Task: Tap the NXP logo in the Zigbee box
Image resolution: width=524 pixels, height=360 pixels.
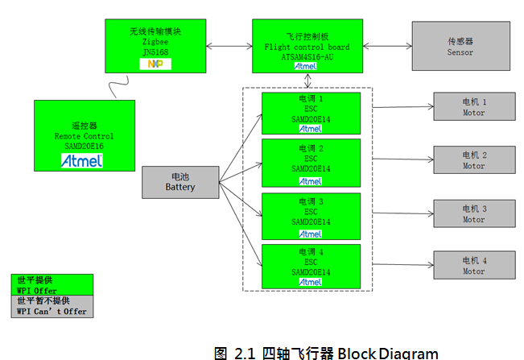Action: coord(155,63)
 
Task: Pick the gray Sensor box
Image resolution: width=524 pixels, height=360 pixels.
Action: coord(460,47)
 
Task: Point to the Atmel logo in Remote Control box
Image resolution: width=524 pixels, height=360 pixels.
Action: coord(82,160)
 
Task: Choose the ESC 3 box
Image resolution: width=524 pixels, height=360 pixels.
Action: coord(311,215)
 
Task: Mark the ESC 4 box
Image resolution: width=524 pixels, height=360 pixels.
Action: coord(311,266)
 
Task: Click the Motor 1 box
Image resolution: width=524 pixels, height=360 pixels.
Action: coord(473,107)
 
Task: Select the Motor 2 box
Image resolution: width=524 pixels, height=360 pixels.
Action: coord(473,159)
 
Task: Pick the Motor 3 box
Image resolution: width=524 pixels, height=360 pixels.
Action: coord(473,213)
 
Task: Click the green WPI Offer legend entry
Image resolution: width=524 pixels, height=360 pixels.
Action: coord(51,285)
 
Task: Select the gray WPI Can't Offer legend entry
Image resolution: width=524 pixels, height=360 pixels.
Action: coord(51,305)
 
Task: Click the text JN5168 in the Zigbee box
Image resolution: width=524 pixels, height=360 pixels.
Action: coord(155,52)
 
